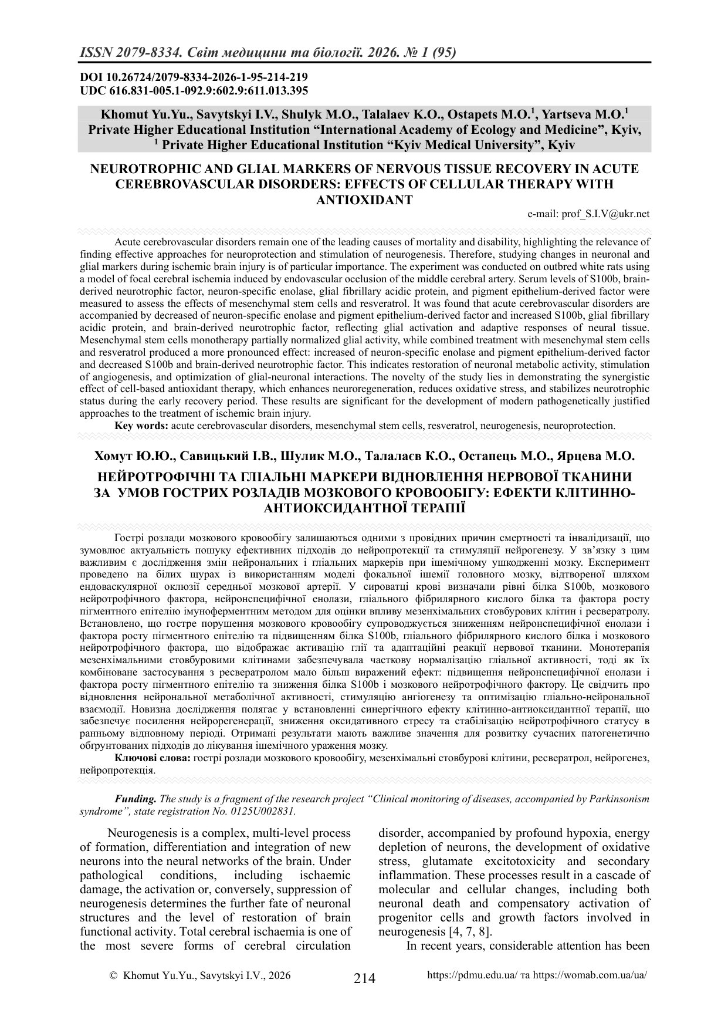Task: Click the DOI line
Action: [194, 77]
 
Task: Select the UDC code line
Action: [194, 90]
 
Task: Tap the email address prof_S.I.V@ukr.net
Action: [589, 214]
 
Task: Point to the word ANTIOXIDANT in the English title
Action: [364, 200]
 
